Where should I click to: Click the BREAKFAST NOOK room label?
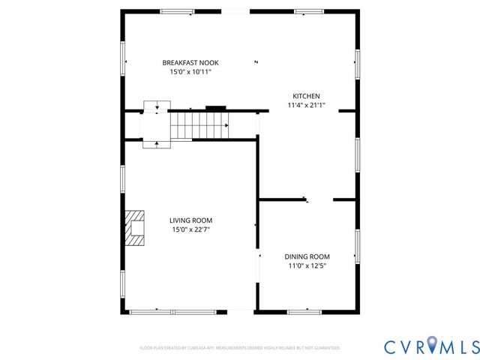(x=190, y=62)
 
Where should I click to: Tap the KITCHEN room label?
(x=306, y=96)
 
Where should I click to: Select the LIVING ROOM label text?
(x=190, y=220)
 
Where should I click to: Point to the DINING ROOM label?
(x=307, y=256)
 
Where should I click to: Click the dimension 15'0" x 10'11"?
(x=190, y=72)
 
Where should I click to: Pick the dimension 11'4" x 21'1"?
(x=306, y=106)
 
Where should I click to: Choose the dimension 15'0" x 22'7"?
(x=190, y=229)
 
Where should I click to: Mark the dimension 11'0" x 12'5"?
(x=307, y=265)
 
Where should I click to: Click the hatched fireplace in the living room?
(x=135, y=229)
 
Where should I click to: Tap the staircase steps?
(x=198, y=124)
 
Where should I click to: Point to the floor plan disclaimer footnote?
(x=240, y=348)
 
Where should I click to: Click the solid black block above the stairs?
(x=216, y=108)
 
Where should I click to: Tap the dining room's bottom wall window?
(x=304, y=311)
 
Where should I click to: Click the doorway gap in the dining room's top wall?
(x=320, y=199)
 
